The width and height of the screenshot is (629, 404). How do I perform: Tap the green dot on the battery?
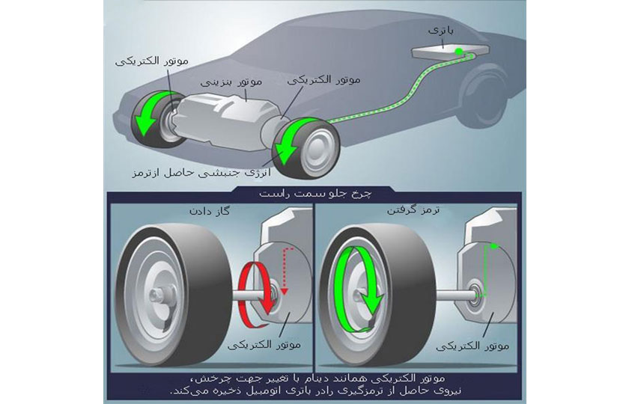[458, 52]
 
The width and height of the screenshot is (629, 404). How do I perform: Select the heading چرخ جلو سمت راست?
[312, 195]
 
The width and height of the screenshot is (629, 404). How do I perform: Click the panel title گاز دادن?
[208, 211]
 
